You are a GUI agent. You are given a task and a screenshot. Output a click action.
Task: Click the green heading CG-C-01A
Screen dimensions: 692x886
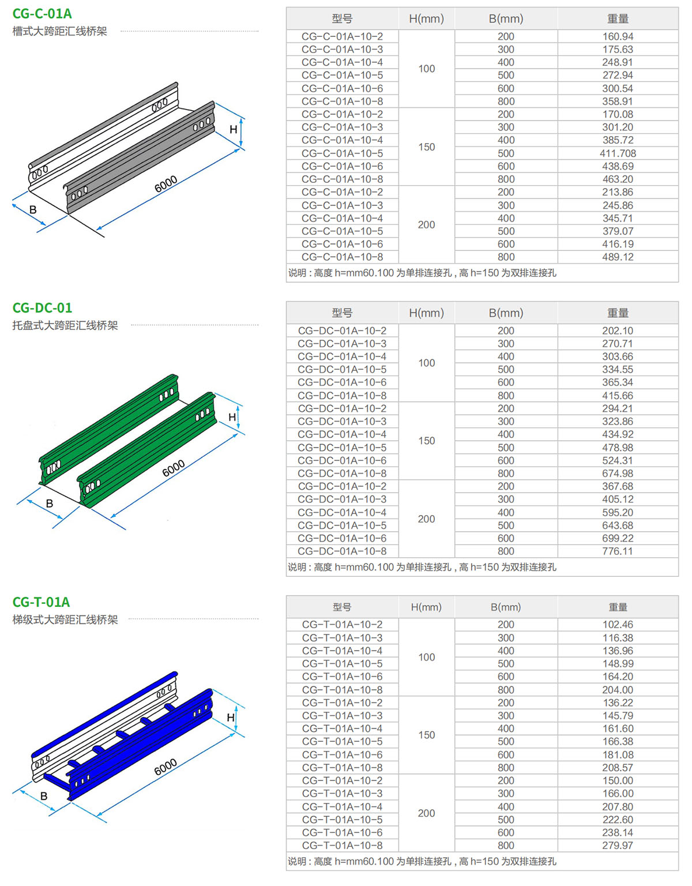pos(42,13)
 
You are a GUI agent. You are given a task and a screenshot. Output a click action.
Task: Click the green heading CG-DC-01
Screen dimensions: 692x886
pos(42,308)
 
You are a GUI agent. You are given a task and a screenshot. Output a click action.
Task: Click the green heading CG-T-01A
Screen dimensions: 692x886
pos(41,602)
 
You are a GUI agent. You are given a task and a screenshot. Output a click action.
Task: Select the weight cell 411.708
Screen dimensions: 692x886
pos(618,153)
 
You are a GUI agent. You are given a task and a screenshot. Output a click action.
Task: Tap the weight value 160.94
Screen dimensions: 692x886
pos(618,36)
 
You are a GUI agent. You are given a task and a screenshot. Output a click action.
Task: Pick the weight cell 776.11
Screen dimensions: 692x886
pos(618,551)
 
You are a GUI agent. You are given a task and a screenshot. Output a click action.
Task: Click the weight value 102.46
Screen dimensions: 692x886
pos(618,624)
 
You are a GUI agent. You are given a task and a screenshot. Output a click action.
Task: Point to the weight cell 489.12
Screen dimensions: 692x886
pos(618,257)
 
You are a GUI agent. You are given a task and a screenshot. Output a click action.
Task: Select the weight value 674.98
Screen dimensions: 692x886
pos(618,473)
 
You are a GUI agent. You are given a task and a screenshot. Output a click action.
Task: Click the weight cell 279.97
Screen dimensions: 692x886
pos(618,845)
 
